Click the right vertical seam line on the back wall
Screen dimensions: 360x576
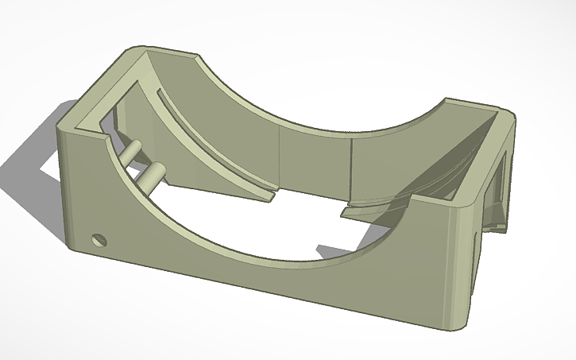coord(350,163)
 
